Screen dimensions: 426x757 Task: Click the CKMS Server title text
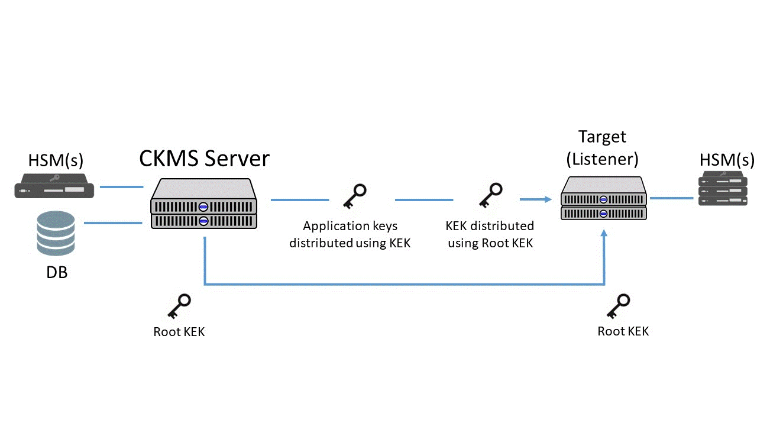pyautogui.click(x=204, y=159)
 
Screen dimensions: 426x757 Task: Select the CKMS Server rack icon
pyautogui.click(x=204, y=205)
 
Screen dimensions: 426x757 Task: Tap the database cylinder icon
pyautogui.click(x=56, y=234)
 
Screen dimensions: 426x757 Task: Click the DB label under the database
pyautogui.click(x=57, y=273)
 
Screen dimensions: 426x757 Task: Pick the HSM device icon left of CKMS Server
pyautogui.click(x=54, y=185)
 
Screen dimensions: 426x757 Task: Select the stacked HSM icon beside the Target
pyautogui.click(x=723, y=188)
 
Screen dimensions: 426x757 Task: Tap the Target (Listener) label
pyautogui.click(x=602, y=148)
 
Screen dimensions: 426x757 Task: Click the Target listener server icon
pyautogui.click(x=603, y=199)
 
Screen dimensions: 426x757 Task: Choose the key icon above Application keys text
pyautogui.click(x=355, y=196)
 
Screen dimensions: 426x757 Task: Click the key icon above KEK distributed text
pyautogui.click(x=490, y=195)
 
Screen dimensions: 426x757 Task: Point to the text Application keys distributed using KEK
pyautogui.click(x=350, y=234)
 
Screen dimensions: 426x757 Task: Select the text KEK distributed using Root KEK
pyautogui.click(x=490, y=234)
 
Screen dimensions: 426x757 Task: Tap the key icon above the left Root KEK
pyautogui.click(x=179, y=306)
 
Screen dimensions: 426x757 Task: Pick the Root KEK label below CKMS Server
pyautogui.click(x=179, y=332)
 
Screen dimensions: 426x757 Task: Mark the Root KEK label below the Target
pyautogui.click(x=623, y=331)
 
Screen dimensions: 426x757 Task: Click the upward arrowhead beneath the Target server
pyautogui.click(x=604, y=234)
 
